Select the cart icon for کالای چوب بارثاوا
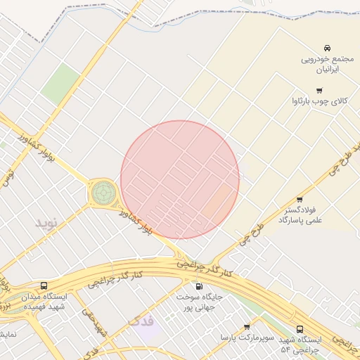pos(320,90)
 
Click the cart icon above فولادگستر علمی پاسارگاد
pos(300,199)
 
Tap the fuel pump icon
pos(198,286)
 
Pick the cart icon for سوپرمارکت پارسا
pos(247,327)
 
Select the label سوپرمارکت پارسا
pos(245,338)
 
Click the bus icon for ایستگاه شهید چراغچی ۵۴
pos(300,328)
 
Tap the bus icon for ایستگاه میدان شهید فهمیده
pos(44,286)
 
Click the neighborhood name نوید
pos(49,223)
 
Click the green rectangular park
pos(60,84)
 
